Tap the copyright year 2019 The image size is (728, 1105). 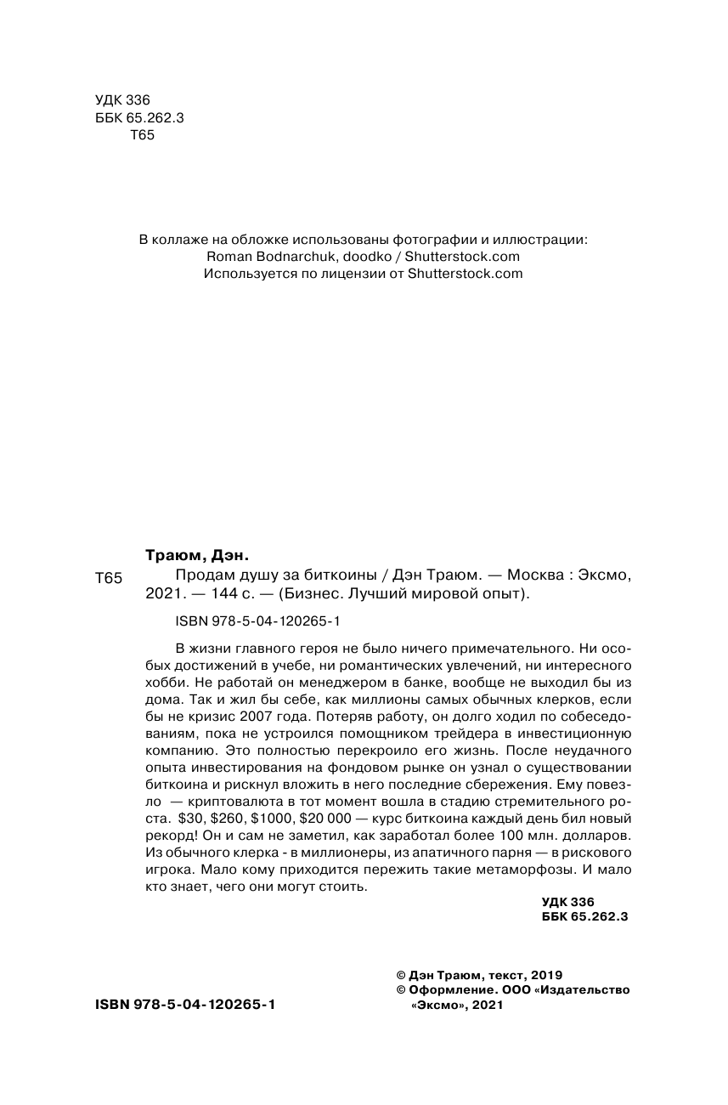click(545, 975)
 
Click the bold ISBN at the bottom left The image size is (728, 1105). click(186, 1004)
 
